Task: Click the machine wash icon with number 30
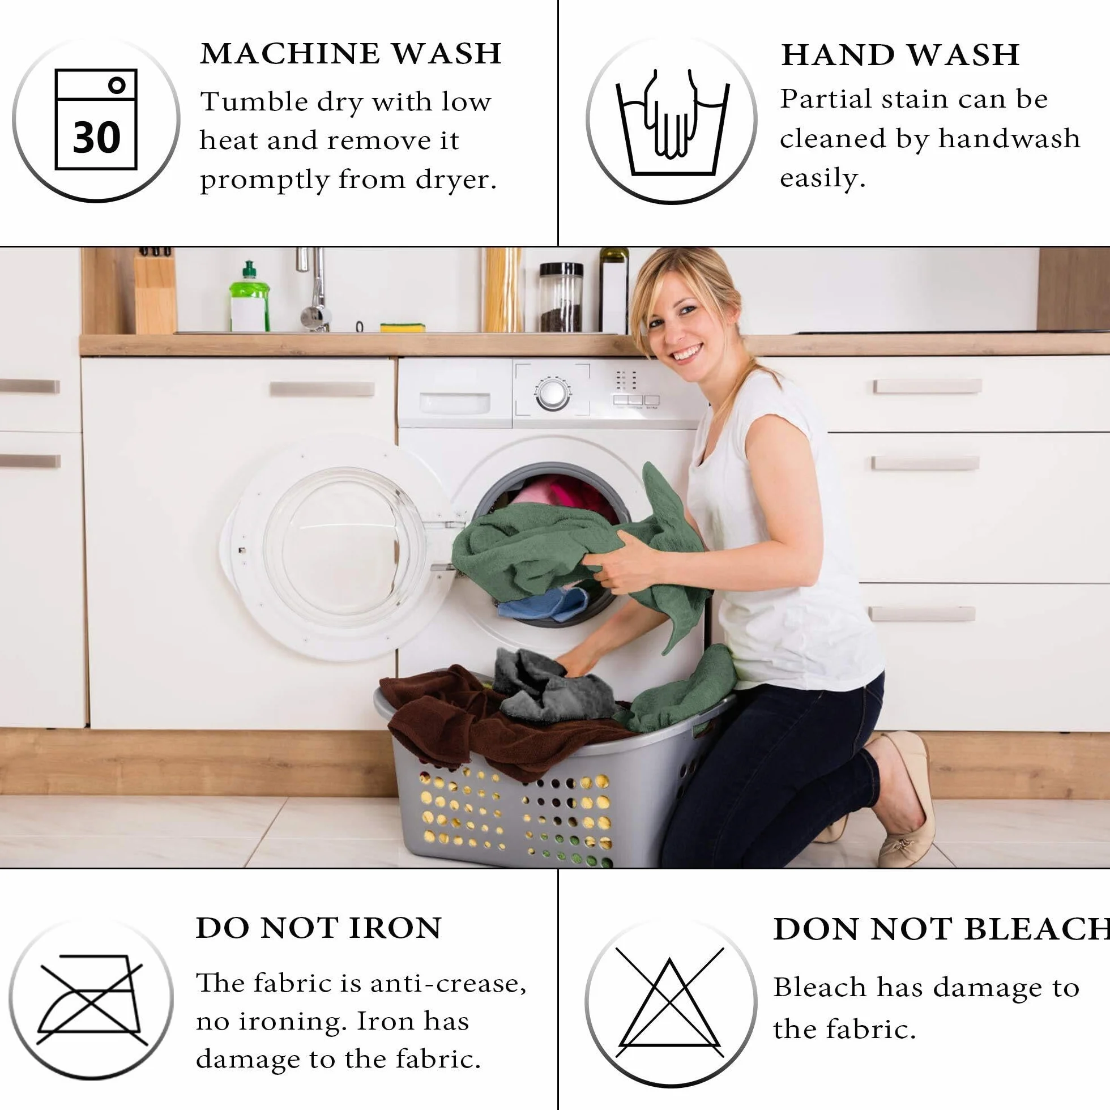[x=96, y=119]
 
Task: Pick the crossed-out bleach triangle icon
[x=670, y=1002]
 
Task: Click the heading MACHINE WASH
[x=351, y=53]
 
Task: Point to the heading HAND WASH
[x=900, y=55]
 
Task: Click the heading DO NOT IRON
[x=319, y=928]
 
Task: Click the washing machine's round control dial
[x=553, y=394]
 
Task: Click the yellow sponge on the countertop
[x=403, y=327]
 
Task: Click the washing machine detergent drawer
[x=454, y=403]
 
